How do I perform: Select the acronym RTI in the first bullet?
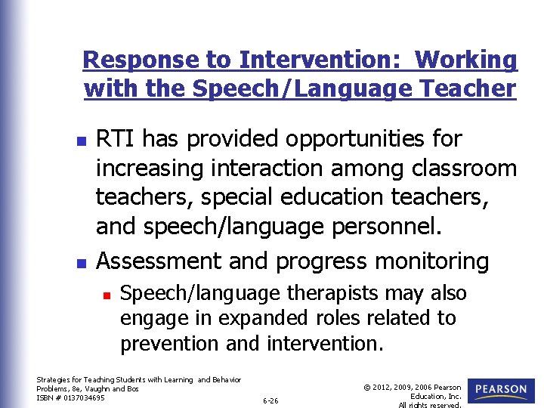116,139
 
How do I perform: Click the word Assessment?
159,261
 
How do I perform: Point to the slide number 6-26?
270,400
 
